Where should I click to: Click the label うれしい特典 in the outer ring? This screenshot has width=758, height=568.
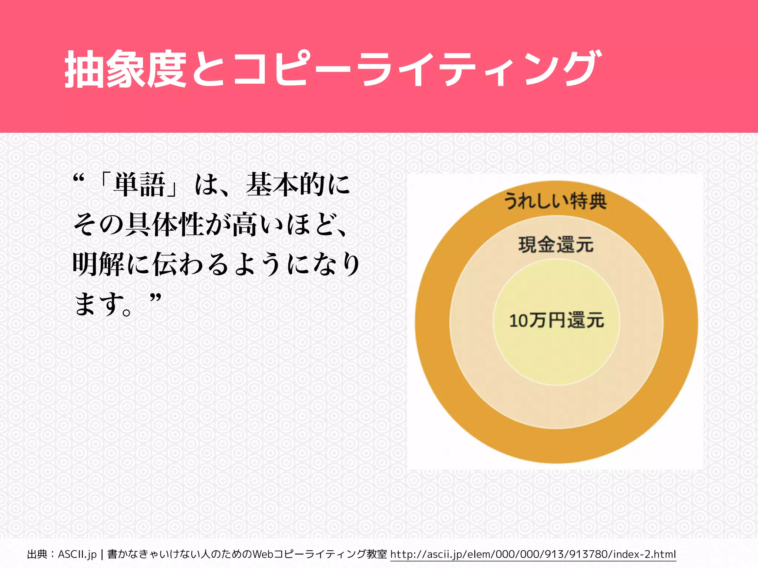(x=556, y=201)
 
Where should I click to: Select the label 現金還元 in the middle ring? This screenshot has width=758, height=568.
(x=556, y=245)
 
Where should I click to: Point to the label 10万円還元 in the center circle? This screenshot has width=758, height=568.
(x=556, y=320)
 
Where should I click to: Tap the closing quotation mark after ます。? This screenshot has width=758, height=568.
(x=156, y=297)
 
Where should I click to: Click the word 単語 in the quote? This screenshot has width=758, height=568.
(x=140, y=185)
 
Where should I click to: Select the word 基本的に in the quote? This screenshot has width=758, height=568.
(x=298, y=185)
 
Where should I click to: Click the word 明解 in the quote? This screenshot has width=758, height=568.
(x=98, y=264)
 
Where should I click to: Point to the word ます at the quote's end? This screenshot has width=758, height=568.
(x=98, y=304)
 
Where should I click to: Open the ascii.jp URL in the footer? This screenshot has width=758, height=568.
(x=533, y=554)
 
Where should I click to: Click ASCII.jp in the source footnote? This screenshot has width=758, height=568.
(x=77, y=554)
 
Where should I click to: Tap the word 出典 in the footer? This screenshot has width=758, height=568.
(x=37, y=554)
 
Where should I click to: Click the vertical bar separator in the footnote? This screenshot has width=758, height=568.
(x=102, y=554)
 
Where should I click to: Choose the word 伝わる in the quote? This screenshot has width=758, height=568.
(x=191, y=264)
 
